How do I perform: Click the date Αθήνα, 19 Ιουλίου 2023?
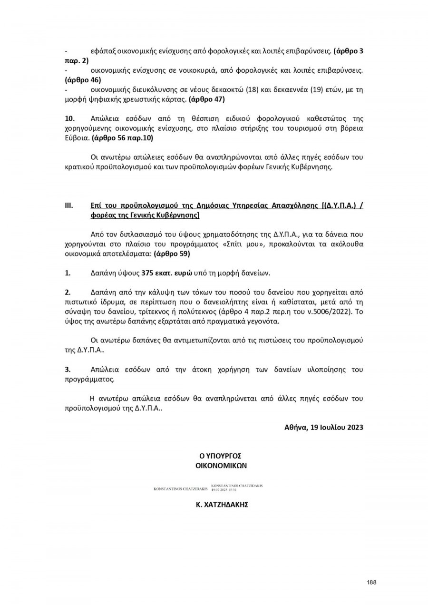[x=324, y=427]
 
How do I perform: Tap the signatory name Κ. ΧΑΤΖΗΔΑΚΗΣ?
[x=222, y=505]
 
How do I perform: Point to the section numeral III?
[x=68, y=205]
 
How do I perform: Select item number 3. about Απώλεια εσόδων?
[x=68, y=370]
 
